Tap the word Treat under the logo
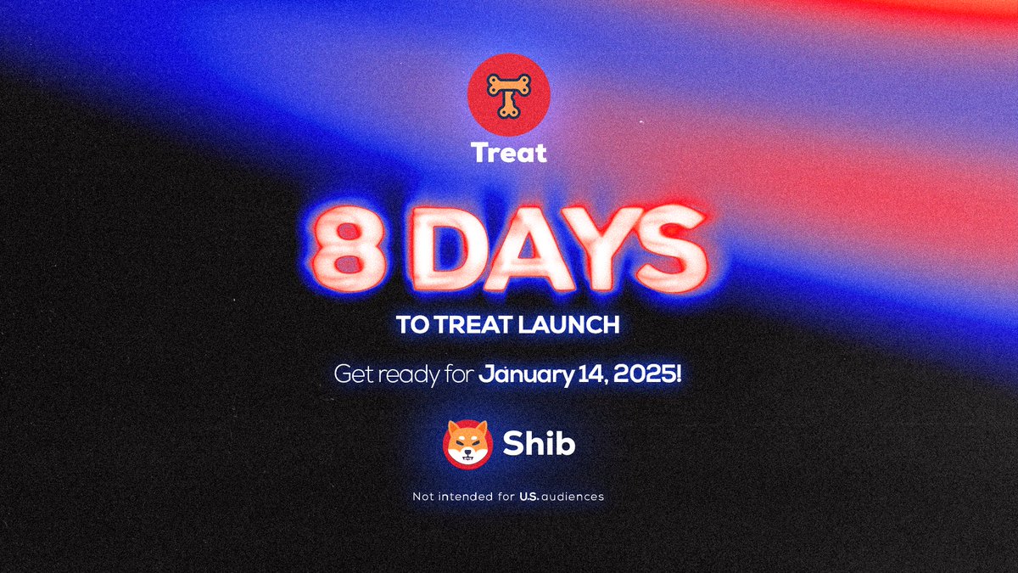pos(509,154)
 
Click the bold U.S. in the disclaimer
pos(532,497)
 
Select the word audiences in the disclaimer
pos(574,497)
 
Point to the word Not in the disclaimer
pos(422,497)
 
